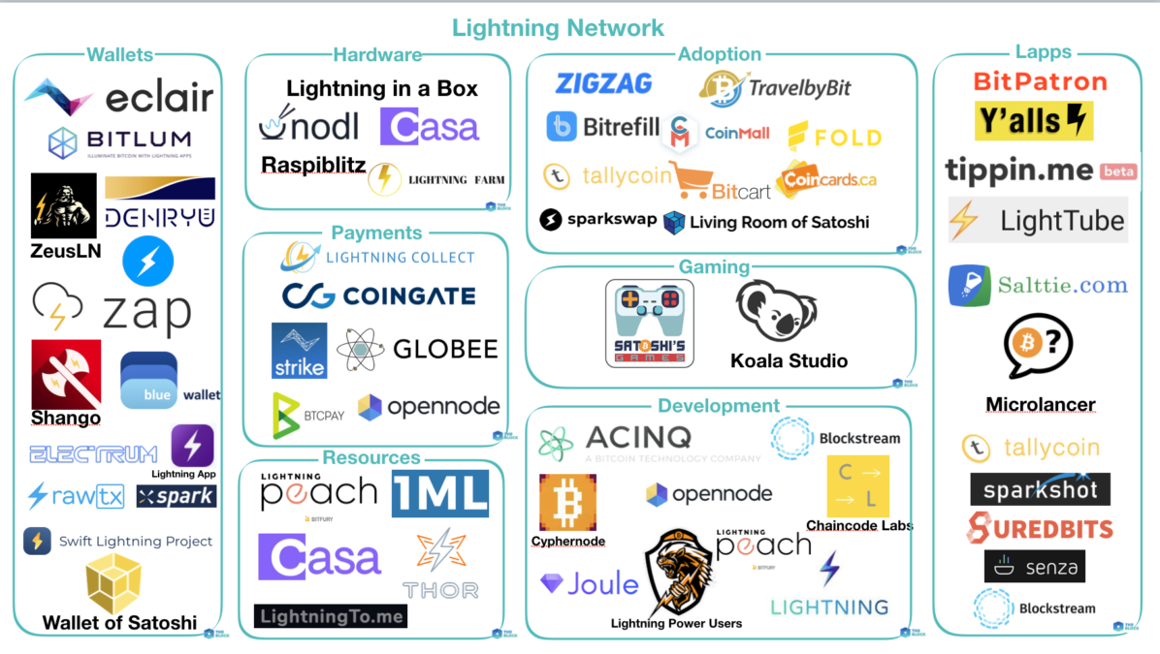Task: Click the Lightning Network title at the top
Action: (x=559, y=28)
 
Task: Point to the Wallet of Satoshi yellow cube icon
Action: (x=114, y=583)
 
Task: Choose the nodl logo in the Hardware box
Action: (x=308, y=126)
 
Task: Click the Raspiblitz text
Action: (x=312, y=166)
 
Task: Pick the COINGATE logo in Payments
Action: (x=379, y=296)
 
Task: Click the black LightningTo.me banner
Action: (x=330, y=615)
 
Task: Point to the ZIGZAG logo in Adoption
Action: (x=603, y=84)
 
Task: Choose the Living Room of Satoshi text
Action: (x=779, y=222)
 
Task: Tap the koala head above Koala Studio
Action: (x=776, y=313)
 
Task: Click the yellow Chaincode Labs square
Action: (x=857, y=485)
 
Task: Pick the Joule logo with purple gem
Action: (x=590, y=584)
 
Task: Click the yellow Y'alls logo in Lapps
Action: (x=1034, y=121)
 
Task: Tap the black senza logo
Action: (x=1034, y=567)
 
